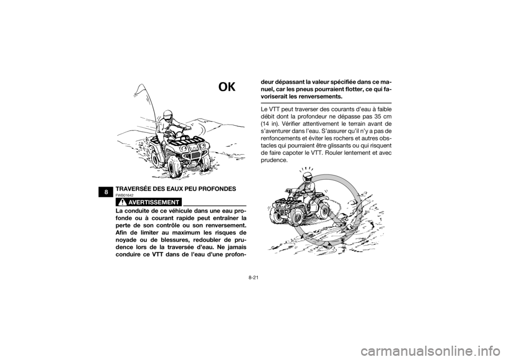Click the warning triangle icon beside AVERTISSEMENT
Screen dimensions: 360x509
(122, 202)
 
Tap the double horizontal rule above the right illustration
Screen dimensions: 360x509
(326, 103)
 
